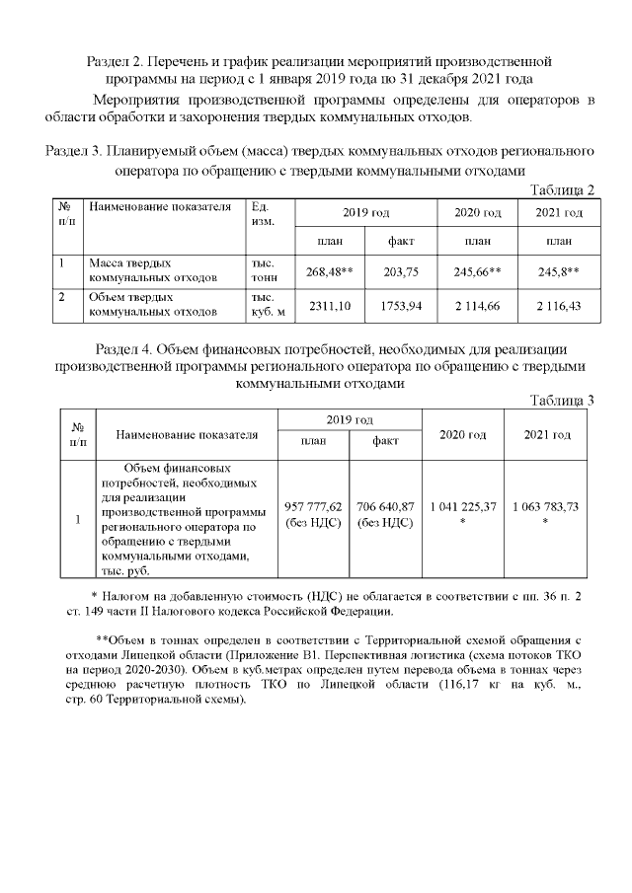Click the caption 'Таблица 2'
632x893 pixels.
pos(563,190)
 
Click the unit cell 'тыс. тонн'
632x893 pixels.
pos(264,271)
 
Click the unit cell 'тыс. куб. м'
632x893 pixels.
pos(268,305)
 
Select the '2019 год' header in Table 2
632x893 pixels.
pos(365,213)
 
